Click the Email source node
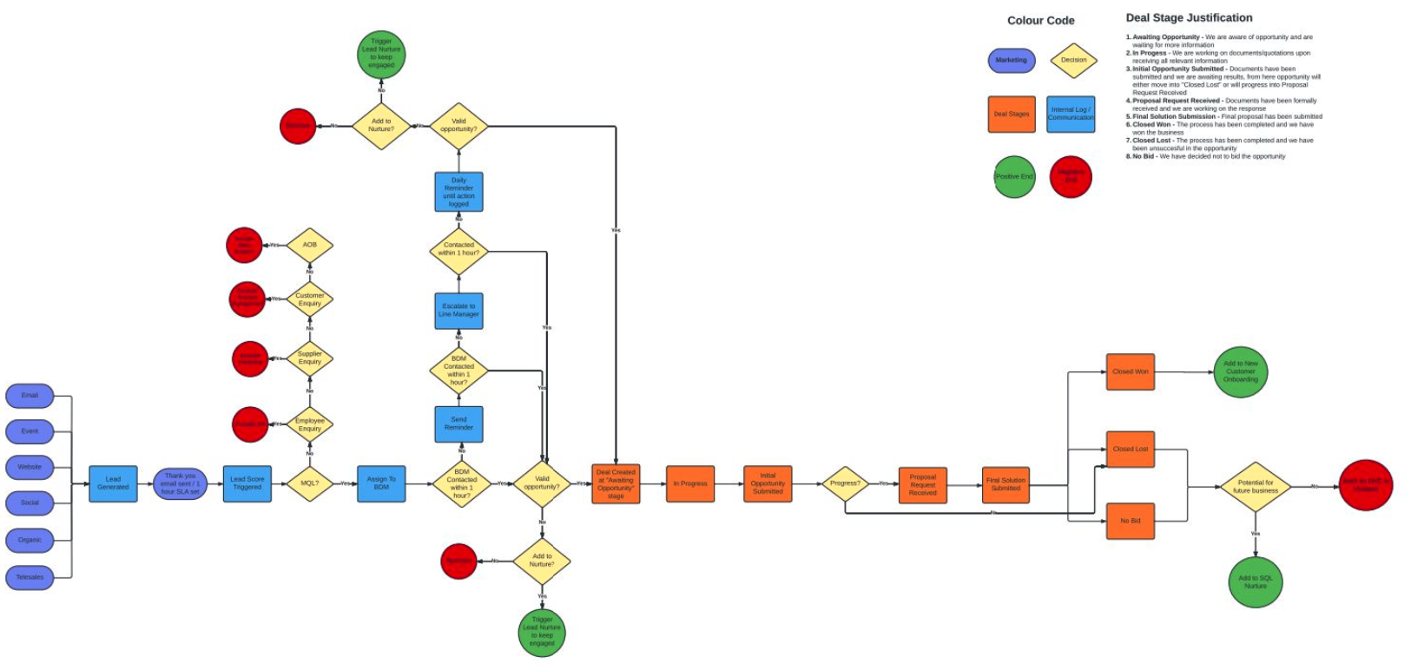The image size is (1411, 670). coord(30,396)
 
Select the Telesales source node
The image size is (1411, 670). coord(30,577)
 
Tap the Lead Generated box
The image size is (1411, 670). coord(113,483)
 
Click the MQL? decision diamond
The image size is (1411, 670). coord(309,483)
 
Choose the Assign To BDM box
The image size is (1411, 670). coord(381,483)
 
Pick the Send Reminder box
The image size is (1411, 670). coord(458,424)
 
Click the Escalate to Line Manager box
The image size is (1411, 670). coord(458,311)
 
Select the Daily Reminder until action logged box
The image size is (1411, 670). coord(458,192)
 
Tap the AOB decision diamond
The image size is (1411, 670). coord(309,246)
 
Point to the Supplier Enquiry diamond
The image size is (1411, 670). coord(309,358)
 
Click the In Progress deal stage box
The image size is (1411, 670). coord(690,483)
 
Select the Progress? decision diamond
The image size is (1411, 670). coord(845,483)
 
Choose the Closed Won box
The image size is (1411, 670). coord(1130,371)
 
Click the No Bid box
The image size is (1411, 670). coord(1130,521)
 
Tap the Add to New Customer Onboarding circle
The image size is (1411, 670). coord(1240,371)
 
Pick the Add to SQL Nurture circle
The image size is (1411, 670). coord(1255,582)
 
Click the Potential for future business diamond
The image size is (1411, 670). coord(1256,486)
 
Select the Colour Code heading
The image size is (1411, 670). coord(1040,21)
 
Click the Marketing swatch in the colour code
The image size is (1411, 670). coord(1011,61)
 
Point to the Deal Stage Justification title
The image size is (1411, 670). coord(1189,18)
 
